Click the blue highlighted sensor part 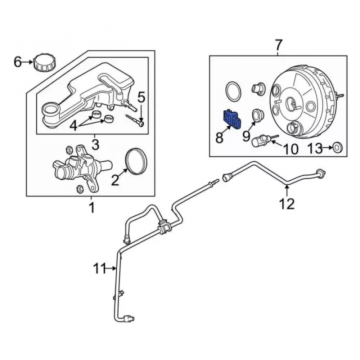point(232,119)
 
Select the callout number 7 point(278,45)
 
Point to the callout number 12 point(287,203)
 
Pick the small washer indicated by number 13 point(338,147)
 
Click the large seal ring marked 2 point(136,161)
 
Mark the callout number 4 point(73,126)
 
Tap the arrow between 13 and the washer point(328,148)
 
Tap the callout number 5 point(141,98)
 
